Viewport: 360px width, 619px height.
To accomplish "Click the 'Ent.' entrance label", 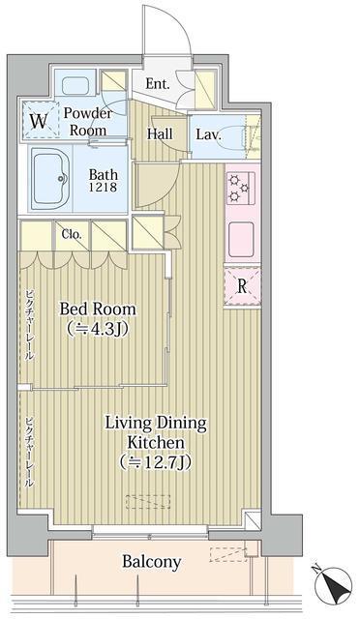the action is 158,84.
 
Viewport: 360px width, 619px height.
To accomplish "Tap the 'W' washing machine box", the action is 40,120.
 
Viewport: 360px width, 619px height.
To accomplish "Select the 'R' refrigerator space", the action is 242,286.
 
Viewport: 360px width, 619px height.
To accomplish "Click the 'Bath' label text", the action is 103,174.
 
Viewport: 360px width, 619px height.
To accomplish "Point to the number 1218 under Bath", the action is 103,187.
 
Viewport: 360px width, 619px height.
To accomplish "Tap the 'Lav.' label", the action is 208,134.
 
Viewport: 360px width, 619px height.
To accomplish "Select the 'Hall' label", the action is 160,133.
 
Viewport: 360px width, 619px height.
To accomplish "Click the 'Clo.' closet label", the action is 72,234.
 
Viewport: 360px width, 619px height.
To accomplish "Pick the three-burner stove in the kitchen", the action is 240,189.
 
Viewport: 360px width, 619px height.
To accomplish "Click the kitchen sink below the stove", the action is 241,234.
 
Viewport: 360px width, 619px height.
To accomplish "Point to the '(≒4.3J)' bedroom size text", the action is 98,328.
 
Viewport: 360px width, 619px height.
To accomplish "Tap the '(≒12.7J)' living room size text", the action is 156,460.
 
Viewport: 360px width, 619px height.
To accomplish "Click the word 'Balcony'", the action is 151,561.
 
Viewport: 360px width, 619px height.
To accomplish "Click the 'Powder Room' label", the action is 88,122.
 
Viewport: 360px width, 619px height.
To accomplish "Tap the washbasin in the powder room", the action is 75,85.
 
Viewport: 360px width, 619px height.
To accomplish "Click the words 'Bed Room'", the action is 98,309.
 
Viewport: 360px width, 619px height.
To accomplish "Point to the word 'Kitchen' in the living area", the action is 155,442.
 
